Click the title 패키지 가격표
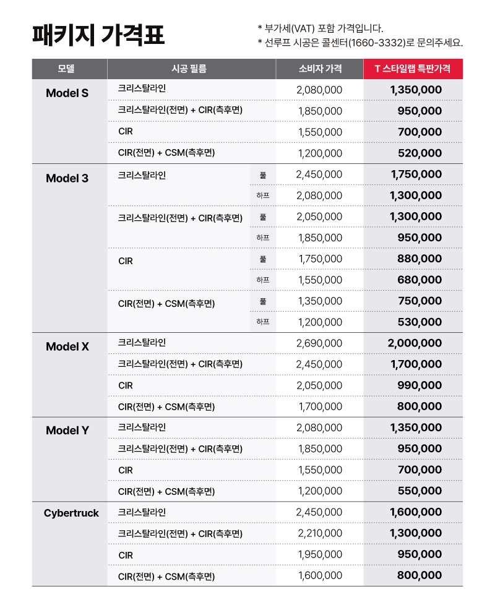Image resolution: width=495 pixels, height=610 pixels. pyautogui.click(x=98, y=35)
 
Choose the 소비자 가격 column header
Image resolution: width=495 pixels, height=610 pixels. pyautogui.click(x=320, y=69)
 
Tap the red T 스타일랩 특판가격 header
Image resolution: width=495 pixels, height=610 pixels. pyautogui.click(x=412, y=69)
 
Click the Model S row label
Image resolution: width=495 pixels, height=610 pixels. pyautogui.click(x=67, y=93)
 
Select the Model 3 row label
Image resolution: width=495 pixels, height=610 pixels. pyautogui.click(x=67, y=179)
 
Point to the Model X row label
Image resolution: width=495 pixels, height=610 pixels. pyautogui.click(x=67, y=347)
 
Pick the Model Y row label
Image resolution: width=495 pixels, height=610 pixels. pyautogui.click(x=67, y=431)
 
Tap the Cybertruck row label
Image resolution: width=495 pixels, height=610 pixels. pyautogui.click(x=71, y=513)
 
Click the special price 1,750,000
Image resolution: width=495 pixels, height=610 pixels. pyautogui.click(x=416, y=174)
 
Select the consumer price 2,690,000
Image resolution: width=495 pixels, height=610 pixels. pyautogui.click(x=319, y=343)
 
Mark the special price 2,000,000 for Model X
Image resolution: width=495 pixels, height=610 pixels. pyautogui.click(x=415, y=343)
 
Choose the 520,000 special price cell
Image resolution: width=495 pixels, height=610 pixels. pyautogui.click(x=420, y=153)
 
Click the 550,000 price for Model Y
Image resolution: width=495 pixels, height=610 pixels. pyautogui.click(x=420, y=491)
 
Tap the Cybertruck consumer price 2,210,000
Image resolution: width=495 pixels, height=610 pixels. pyautogui.click(x=320, y=533)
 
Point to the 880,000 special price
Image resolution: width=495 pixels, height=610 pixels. pyautogui.click(x=420, y=259)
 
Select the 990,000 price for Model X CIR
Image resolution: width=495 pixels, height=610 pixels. pyautogui.click(x=420, y=385)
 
